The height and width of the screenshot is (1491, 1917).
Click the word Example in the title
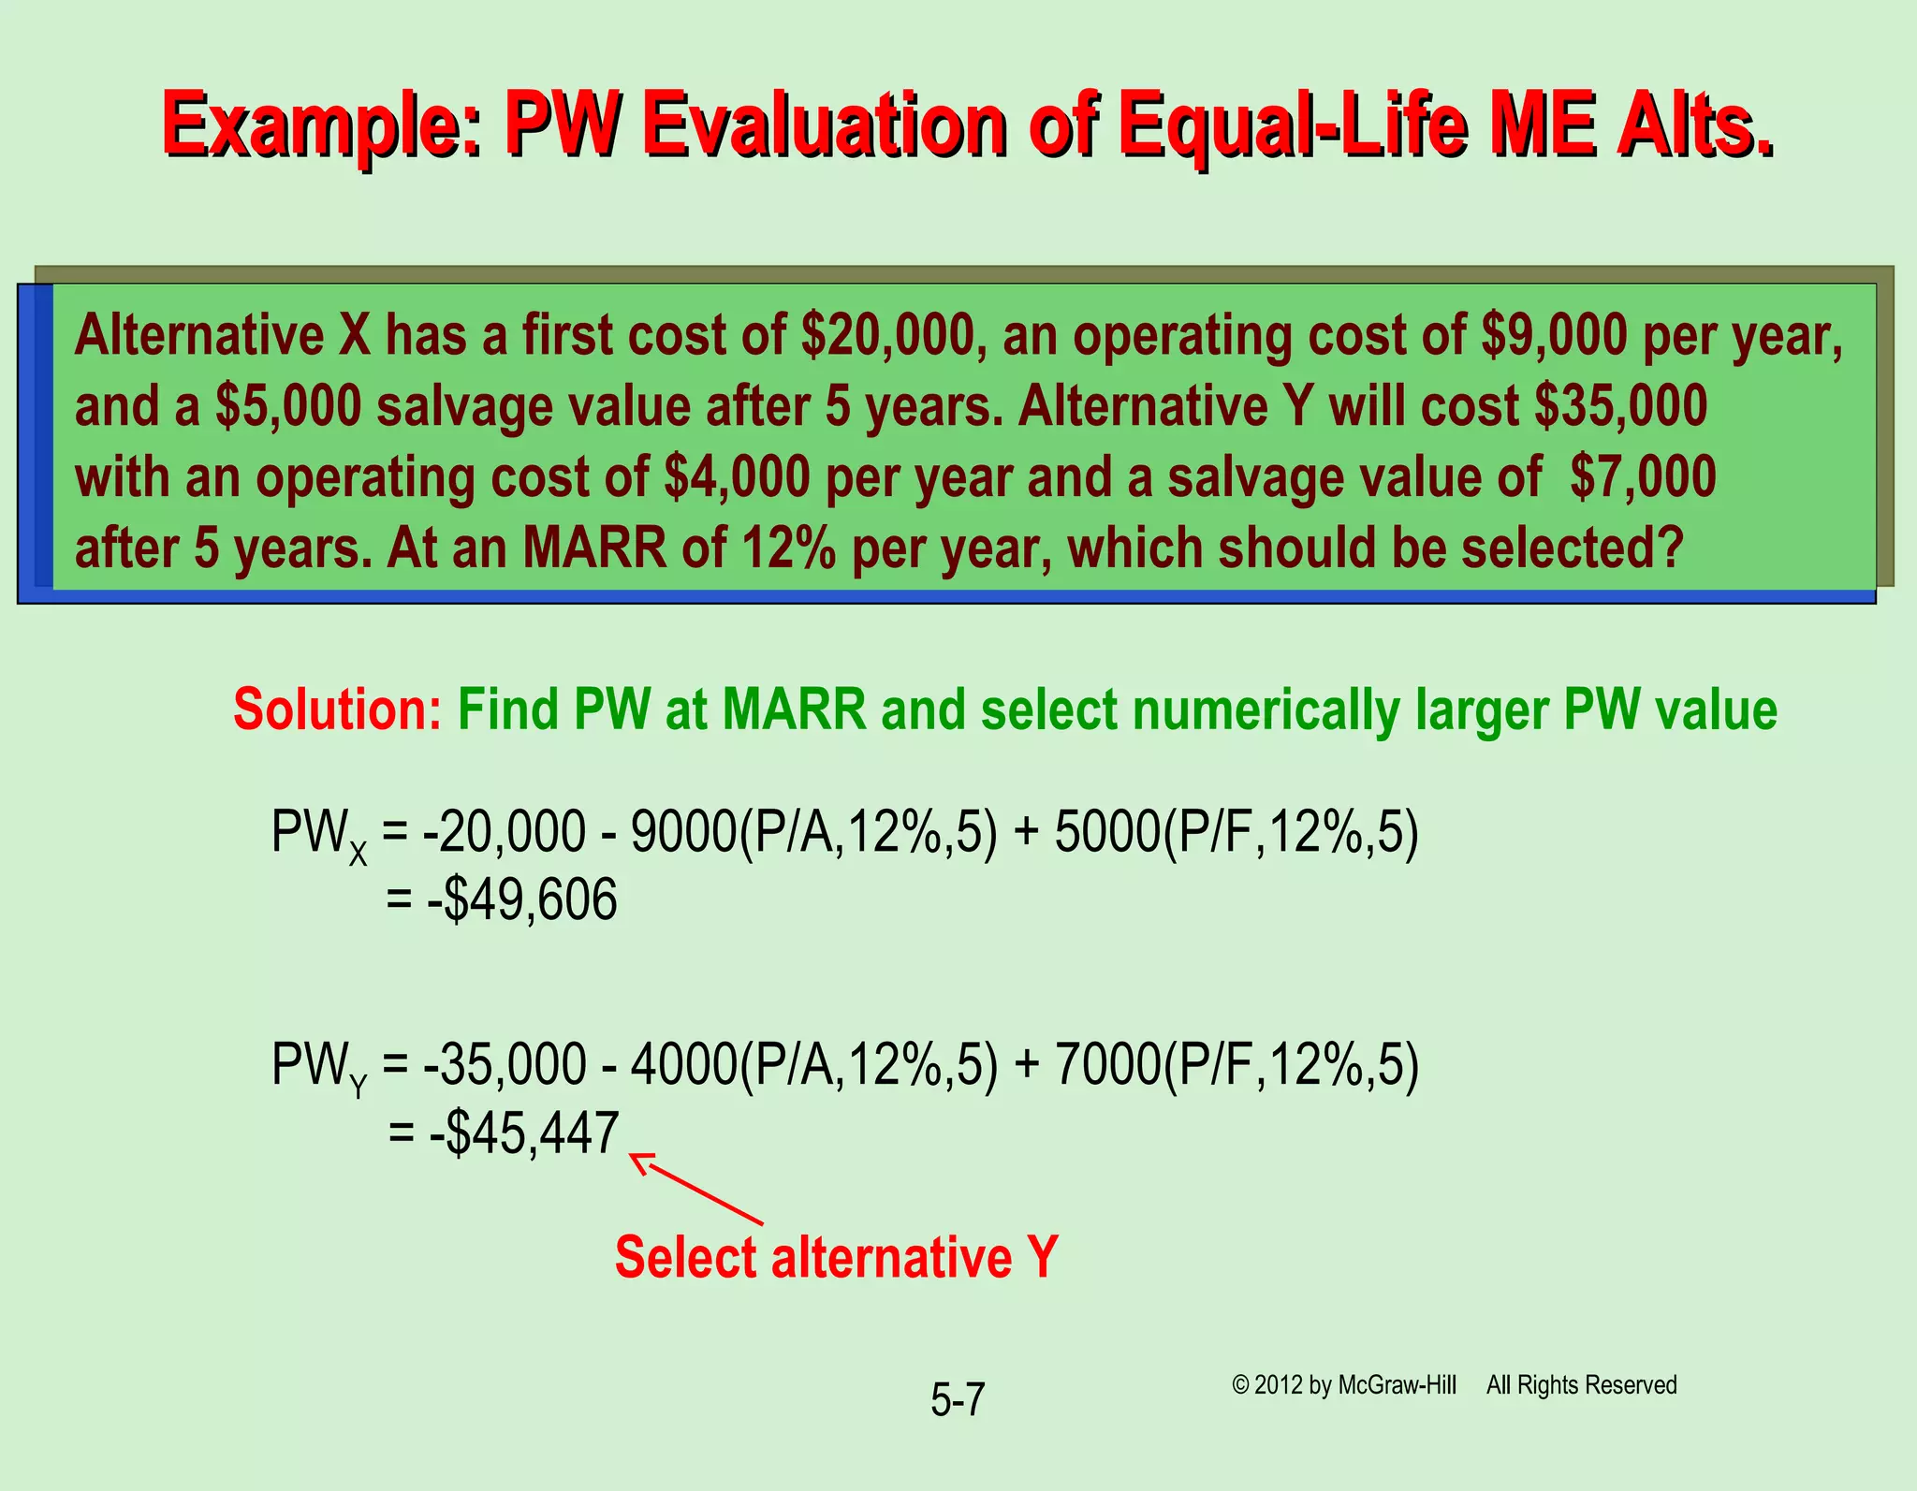coord(318,124)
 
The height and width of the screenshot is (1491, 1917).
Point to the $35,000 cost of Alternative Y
coord(1620,406)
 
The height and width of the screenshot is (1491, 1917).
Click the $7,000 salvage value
coord(1643,476)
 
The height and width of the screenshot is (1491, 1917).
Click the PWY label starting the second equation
coord(318,1067)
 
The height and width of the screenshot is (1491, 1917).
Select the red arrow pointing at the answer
coord(697,1191)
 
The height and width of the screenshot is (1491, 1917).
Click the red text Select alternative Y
coord(836,1257)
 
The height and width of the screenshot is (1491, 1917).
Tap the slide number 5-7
coord(958,1400)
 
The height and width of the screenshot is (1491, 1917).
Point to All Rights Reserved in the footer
coord(1581,1385)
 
